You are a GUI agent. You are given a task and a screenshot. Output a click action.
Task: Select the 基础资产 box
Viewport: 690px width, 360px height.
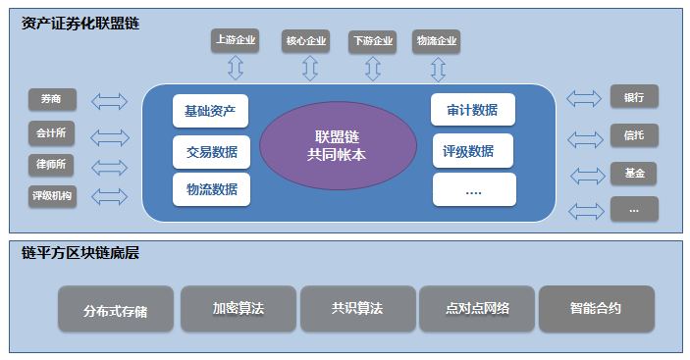210,111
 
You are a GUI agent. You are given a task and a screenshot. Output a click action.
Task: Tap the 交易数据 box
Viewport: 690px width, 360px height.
211,152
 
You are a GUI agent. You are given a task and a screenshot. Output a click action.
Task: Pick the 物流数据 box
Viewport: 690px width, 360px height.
211,188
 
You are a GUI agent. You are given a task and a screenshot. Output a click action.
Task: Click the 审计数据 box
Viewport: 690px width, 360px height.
473,110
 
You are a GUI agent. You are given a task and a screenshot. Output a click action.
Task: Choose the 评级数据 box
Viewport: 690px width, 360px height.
473,151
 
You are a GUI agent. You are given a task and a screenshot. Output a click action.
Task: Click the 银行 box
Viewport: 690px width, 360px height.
634,96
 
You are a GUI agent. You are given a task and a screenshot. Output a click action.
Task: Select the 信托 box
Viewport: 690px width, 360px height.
634,134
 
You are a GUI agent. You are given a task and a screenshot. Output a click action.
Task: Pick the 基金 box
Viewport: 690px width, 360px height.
634,173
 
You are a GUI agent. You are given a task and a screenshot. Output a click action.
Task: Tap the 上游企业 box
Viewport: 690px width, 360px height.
236,40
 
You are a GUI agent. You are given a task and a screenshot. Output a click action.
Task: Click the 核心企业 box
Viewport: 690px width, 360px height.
305,41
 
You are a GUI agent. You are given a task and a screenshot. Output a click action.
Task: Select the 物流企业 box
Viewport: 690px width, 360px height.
437,41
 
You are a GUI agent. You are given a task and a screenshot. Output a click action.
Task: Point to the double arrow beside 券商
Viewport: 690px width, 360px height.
110,100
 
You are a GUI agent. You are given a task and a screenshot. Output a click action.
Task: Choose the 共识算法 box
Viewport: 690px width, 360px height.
357,308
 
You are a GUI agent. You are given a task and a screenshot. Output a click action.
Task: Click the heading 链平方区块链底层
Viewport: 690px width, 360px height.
80,253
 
